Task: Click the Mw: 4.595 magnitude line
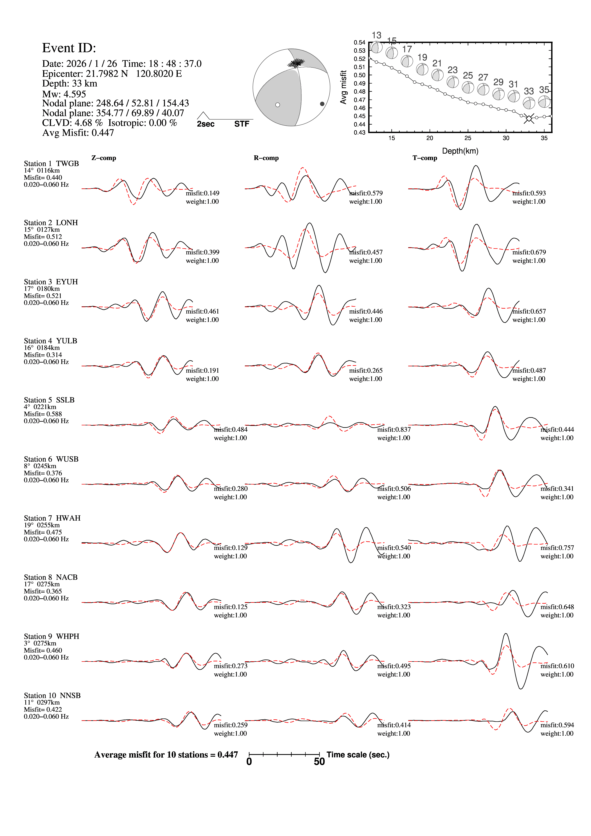pyautogui.click(x=64, y=94)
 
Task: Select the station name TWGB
pyautogui.click(x=67, y=164)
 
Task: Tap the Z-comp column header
pyautogui.click(x=104, y=158)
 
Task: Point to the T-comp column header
pyautogui.click(x=425, y=158)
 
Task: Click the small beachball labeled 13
pyautogui.click(x=377, y=47)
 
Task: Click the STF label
pyautogui.click(x=242, y=124)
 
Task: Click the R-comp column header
pyautogui.click(x=266, y=158)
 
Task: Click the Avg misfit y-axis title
pyautogui.click(x=343, y=87)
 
